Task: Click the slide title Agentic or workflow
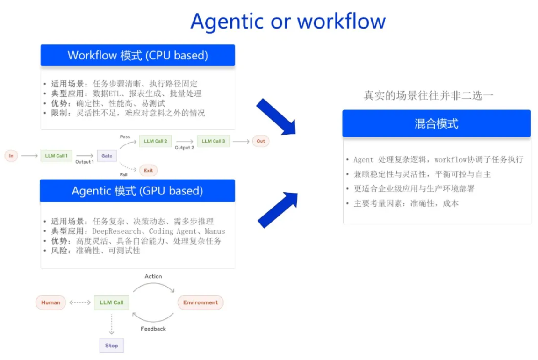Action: point(288,22)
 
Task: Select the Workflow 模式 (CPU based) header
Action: point(137,55)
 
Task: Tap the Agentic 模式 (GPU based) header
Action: point(137,191)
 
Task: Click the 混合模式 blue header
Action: point(436,123)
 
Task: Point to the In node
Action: point(11,156)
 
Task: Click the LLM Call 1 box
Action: point(56,156)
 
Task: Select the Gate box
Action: point(107,156)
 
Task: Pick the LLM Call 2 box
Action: point(156,141)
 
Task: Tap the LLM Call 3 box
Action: point(214,141)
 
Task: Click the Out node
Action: point(261,141)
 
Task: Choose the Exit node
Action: point(148,170)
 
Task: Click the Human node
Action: point(50,302)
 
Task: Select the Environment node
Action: point(201,302)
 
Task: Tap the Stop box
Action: point(112,346)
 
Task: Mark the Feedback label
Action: point(153,329)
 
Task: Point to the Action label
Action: point(153,276)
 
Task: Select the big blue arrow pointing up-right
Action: point(277,210)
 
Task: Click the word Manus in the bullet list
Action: point(215,231)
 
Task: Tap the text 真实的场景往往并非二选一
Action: point(429,95)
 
